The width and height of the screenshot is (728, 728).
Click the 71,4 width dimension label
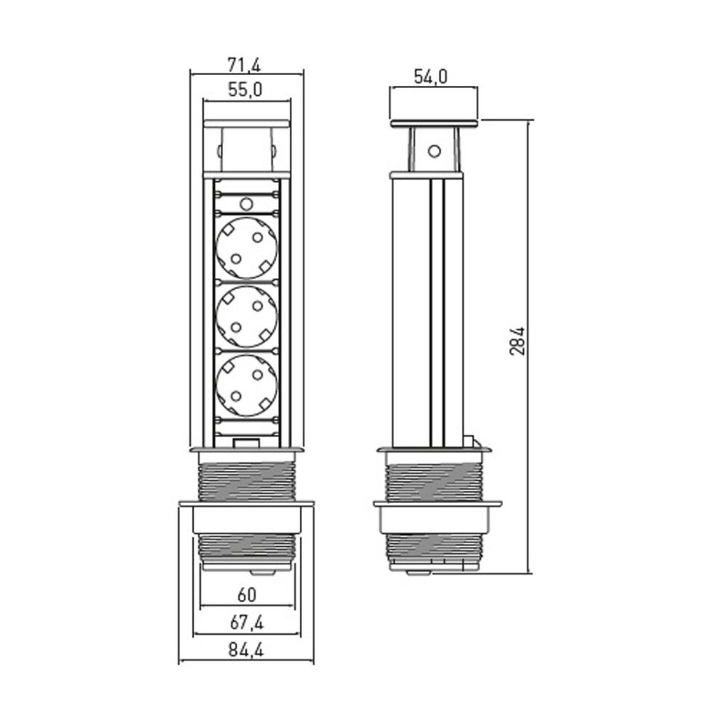[244, 65]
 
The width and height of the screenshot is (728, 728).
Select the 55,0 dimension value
[245, 90]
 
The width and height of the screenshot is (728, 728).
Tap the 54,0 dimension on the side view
[431, 77]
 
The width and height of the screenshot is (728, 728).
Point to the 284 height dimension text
[517, 341]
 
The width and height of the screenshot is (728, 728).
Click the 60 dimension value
[247, 596]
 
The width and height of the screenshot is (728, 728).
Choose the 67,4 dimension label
[247, 622]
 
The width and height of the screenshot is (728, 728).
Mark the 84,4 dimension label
[246, 650]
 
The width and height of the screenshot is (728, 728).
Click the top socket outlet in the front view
[247, 248]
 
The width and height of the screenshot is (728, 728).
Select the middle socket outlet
[247, 317]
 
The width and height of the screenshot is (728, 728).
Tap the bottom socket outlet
[247, 385]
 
